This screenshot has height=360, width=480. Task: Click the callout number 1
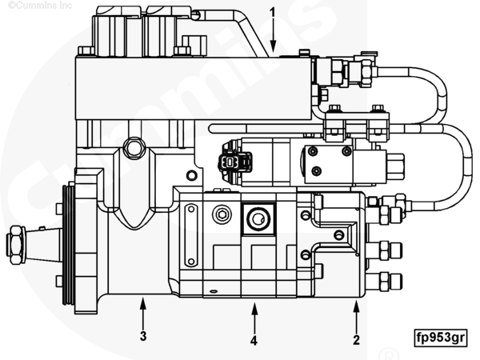pos(273,13)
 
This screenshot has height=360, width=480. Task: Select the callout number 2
pos(357,339)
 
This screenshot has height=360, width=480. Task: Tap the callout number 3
pos(143,336)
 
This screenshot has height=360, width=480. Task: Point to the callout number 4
pos(254,340)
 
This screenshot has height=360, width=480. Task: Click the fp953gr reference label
pos(439,336)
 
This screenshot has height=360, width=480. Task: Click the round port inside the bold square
pos(258,217)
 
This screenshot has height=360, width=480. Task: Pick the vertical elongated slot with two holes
pos(190,235)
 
